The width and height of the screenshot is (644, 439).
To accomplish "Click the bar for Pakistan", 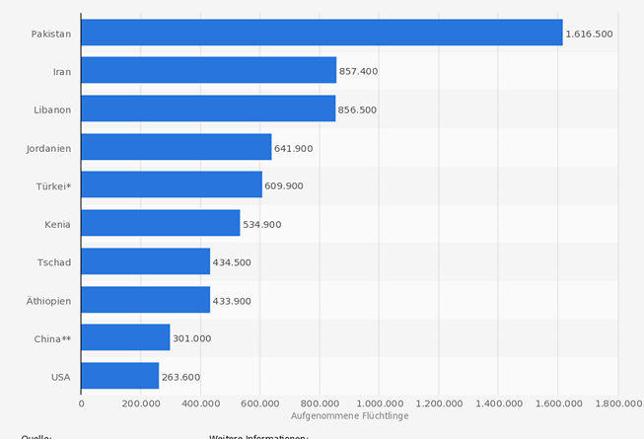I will [322, 33].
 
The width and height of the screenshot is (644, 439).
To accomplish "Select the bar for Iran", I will [208, 70].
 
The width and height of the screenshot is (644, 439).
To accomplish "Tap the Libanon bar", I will [208, 109].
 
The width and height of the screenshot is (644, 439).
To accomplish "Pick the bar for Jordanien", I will [176, 147].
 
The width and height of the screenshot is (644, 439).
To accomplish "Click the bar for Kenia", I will [160, 223].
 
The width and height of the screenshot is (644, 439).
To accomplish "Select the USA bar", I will [119, 376].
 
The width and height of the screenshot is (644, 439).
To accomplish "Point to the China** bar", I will [125, 337].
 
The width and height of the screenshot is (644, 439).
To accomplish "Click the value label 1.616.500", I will [589, 34].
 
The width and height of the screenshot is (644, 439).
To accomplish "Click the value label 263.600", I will [180, 377].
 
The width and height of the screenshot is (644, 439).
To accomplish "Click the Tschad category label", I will [53, 261].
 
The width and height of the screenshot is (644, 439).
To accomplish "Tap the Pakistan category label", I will [50, 34].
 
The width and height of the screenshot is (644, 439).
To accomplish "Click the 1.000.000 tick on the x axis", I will [380, 402].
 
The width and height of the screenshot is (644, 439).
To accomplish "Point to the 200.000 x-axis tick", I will [140, 402].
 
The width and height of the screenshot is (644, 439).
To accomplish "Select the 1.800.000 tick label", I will [617, 402].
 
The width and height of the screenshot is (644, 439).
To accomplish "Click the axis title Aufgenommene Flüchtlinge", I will [349, 416].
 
